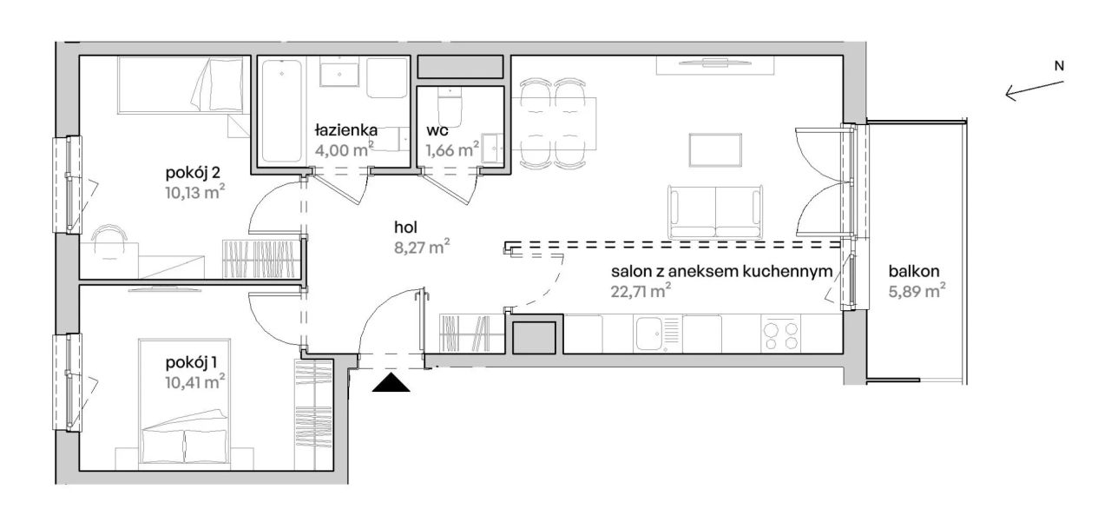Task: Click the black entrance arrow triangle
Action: (391, 383)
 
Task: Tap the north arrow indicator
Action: (1035, 90)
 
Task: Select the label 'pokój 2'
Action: (193, 173)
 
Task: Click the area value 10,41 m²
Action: (195, 382)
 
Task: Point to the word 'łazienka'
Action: (346, 130)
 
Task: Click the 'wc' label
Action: (437, 130)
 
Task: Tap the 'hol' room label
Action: (405, 228)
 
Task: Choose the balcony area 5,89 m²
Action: (917, 291)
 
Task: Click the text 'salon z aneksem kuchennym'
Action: (721, 271)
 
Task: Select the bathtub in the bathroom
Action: (281, 111)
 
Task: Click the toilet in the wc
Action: (450, 106)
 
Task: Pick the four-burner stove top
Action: (781, 334)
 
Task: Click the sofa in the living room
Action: (715, 212)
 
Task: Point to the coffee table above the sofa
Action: (715, 150)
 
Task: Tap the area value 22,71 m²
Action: (641, 291)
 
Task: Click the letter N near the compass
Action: (1060, 65)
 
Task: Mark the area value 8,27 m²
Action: (422, 247)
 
